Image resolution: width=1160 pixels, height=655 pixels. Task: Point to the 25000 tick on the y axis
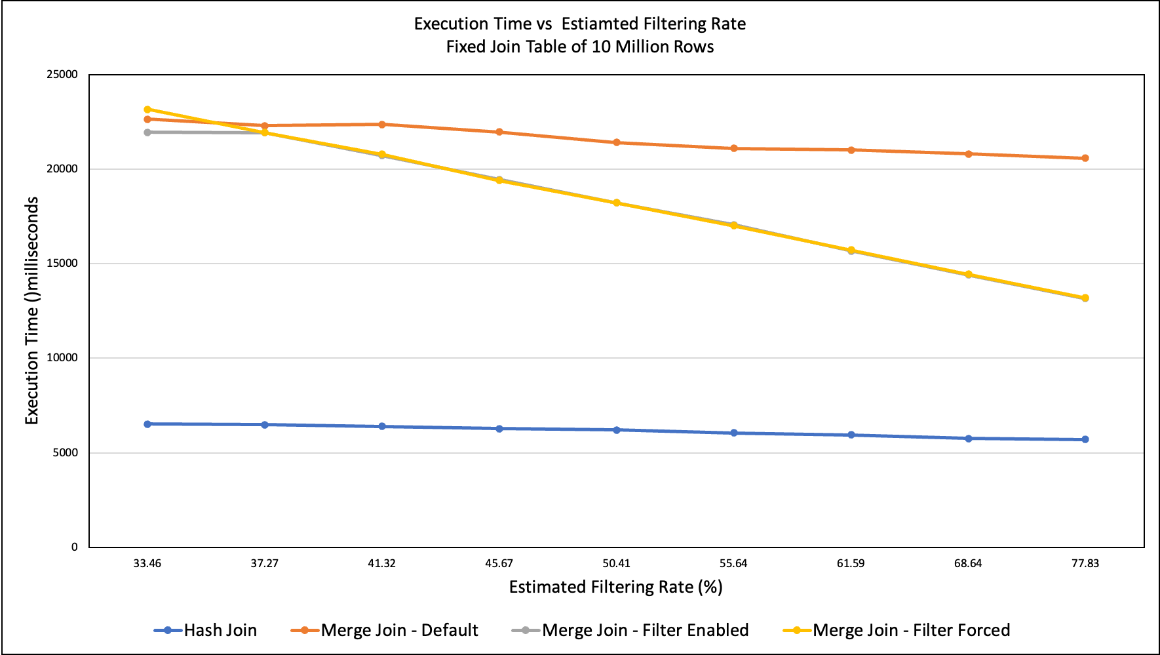(62, 75)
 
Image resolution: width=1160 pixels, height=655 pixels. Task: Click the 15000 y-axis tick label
(62, 264)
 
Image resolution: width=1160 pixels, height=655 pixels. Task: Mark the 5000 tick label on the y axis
(65, 452)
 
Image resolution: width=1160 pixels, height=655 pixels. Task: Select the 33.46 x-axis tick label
(147, 563)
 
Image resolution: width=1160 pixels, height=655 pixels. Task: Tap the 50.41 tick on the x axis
(616, 563)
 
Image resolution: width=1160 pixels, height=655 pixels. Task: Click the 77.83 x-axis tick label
(1085, 563)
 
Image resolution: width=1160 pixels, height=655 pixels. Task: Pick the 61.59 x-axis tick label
(851, 563)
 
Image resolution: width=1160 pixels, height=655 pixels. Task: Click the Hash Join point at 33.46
(147, 424)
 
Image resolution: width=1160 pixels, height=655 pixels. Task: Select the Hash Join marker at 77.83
(1085, 439)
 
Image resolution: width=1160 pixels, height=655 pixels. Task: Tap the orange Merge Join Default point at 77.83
(1085, 158)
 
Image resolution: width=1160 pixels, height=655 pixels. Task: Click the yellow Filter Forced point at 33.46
(147, 109)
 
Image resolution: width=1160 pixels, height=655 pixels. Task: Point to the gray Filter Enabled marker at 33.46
(147, 132)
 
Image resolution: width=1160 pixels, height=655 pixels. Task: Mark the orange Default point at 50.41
(617, 142)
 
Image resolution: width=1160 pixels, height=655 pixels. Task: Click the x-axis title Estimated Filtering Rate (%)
(615, 587)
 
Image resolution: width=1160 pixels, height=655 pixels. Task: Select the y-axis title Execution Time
(32, 311)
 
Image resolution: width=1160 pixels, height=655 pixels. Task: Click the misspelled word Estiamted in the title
(599, 24)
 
